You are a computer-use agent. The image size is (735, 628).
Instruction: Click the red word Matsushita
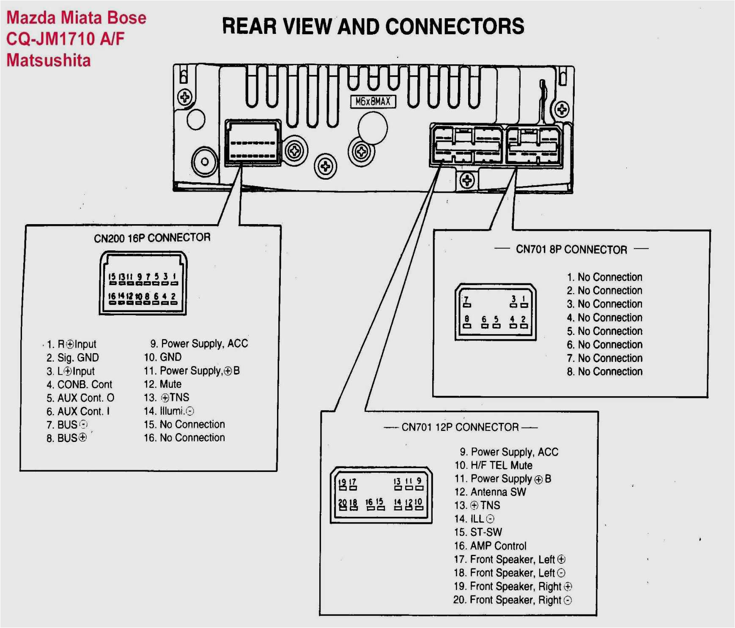49,60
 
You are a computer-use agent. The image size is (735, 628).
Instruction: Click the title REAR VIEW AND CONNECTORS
373,26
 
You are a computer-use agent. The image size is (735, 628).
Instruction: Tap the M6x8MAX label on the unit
373,101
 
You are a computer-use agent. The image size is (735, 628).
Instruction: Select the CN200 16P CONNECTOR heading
152,238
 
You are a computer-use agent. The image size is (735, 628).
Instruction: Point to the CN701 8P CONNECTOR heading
571,250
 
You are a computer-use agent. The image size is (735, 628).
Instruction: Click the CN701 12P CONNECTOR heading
460,427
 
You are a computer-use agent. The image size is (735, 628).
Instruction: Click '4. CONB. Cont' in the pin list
80,384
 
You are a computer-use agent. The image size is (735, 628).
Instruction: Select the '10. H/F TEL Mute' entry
494,465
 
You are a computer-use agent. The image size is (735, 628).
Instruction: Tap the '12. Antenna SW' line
491,492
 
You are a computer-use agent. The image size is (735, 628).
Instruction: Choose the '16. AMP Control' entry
491,546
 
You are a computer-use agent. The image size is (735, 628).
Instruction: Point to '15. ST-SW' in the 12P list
478,532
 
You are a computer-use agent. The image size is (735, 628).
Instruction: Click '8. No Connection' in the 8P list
605,372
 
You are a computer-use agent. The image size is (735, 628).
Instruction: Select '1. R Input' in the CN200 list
72,344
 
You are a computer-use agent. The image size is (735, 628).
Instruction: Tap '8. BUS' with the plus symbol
67,438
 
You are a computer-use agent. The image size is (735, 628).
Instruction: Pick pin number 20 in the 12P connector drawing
343,503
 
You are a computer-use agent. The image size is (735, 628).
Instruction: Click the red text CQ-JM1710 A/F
66,39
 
